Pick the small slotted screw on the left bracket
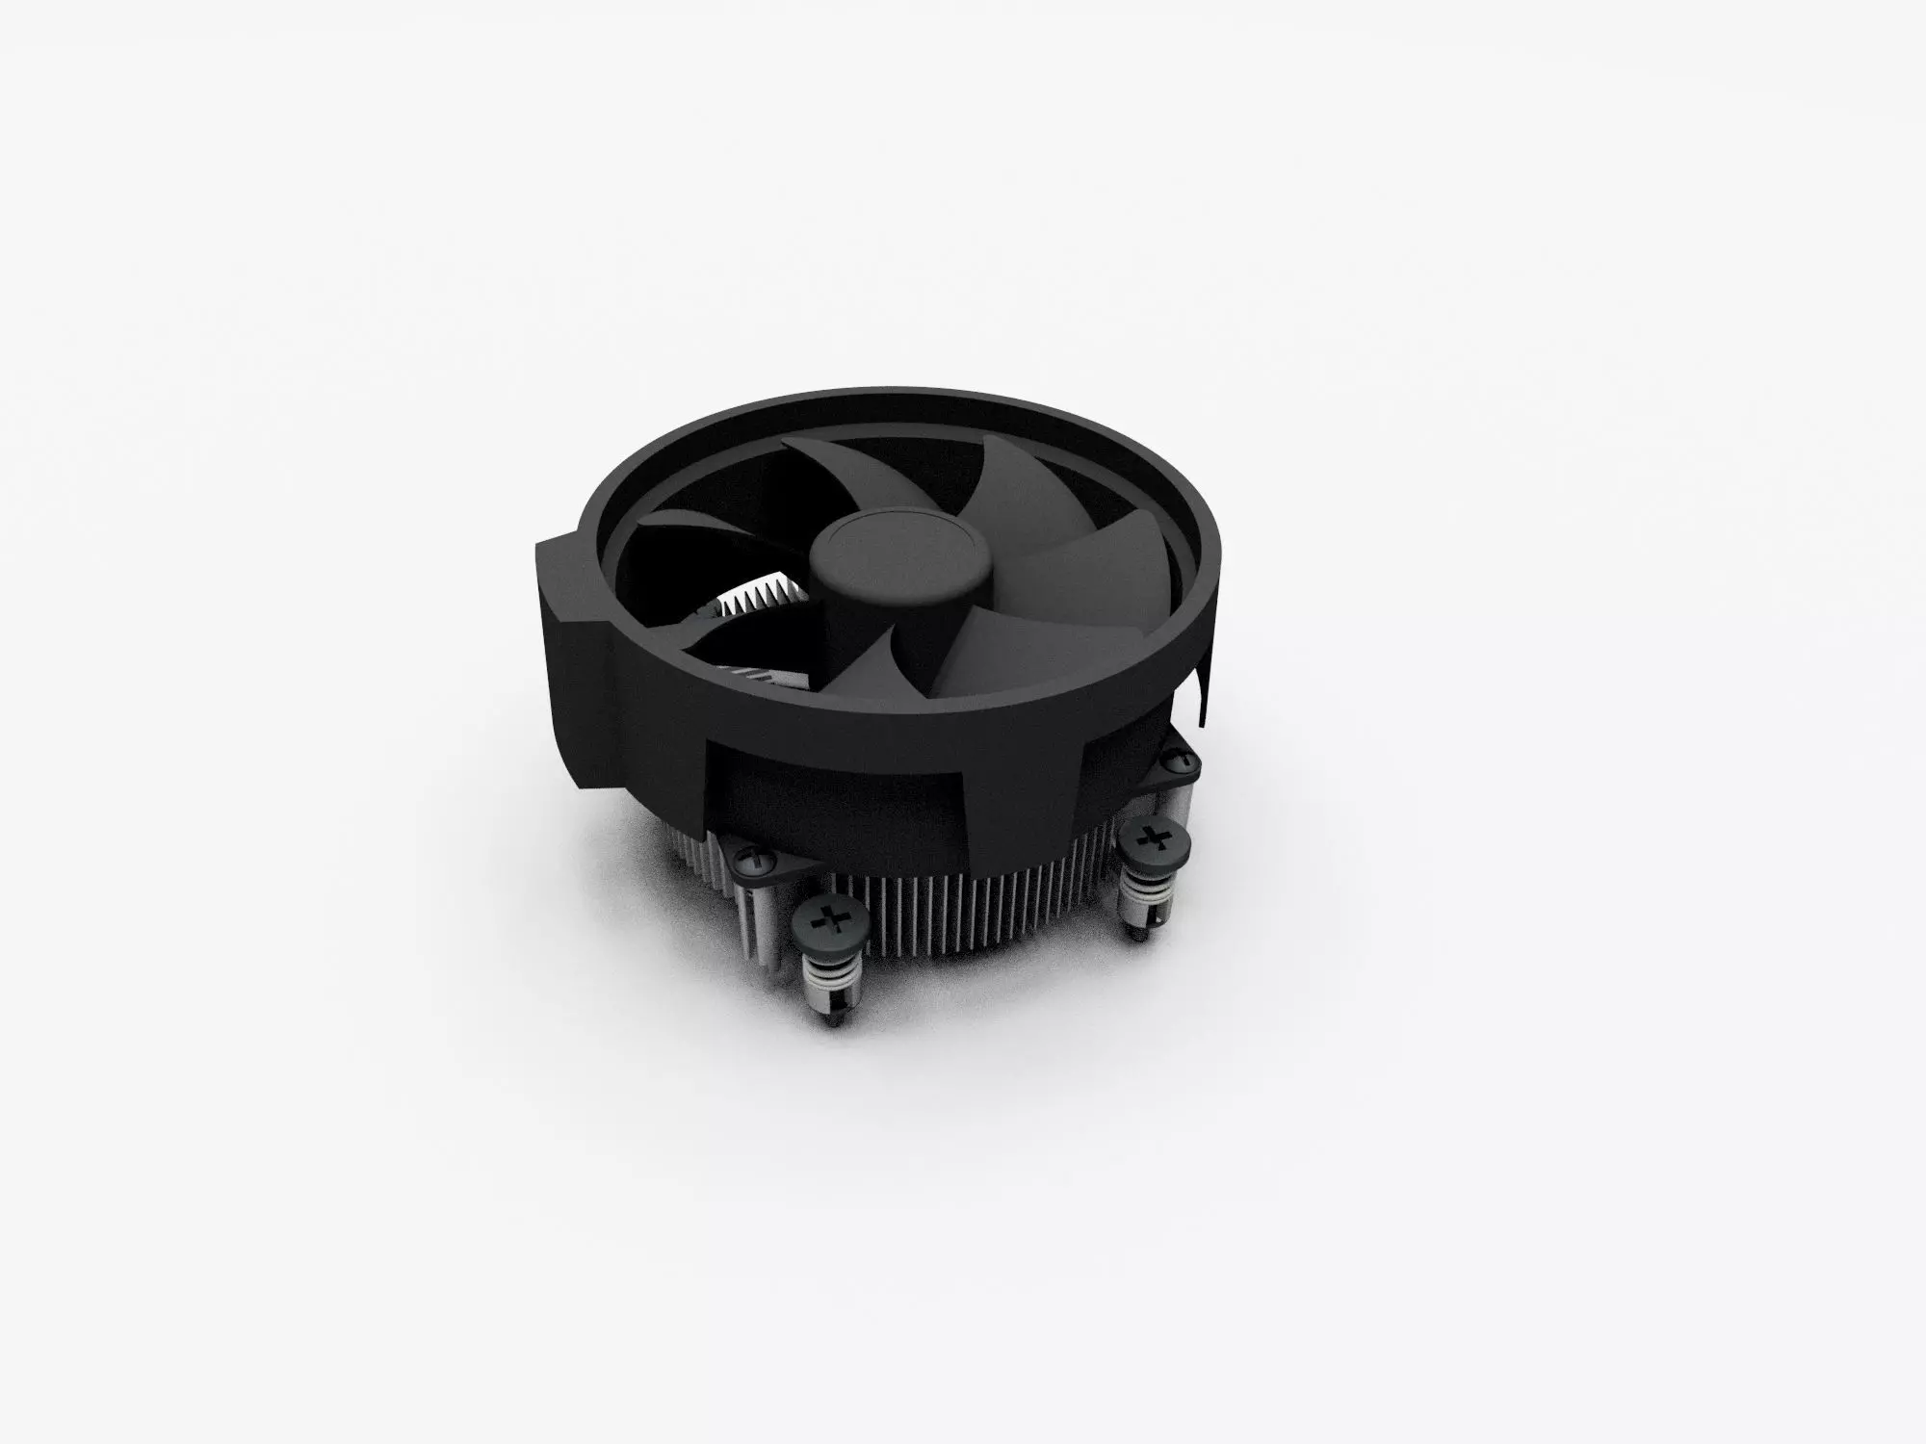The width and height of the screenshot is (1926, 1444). [755, 856]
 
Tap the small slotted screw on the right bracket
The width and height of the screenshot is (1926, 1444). [1180, 763]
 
